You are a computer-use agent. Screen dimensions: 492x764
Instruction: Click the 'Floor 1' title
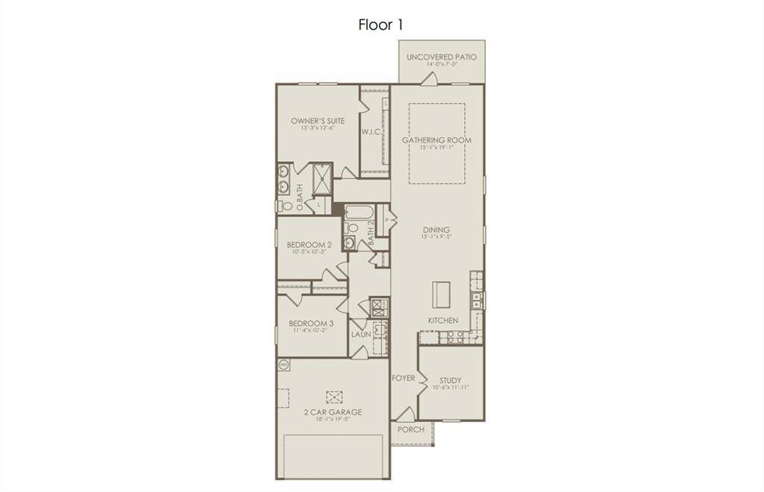pos(381,25)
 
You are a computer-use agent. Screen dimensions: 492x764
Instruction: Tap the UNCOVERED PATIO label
pos(441,57)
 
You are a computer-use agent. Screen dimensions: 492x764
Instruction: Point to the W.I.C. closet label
pos(372,132)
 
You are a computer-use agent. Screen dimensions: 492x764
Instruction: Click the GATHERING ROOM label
pos(436,139)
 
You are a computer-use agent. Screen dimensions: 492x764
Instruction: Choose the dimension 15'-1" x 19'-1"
pos(436,148)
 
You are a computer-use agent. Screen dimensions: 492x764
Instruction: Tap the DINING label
pos(436,230)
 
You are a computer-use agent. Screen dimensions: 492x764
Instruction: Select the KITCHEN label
pos(442,321)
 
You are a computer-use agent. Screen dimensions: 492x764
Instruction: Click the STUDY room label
pos(450,380)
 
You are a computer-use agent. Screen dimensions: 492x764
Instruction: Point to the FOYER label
pos(403,379)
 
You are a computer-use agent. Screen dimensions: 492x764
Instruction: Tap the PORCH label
pos(410,429)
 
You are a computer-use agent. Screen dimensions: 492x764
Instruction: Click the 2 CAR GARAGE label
pos(332,411)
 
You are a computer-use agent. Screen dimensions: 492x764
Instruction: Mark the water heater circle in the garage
pos(284,365)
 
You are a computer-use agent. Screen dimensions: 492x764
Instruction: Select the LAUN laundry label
pos(361,335)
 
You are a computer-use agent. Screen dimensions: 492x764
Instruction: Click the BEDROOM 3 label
pos(311,324)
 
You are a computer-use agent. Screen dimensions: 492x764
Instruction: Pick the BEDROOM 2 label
pos(309,245)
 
